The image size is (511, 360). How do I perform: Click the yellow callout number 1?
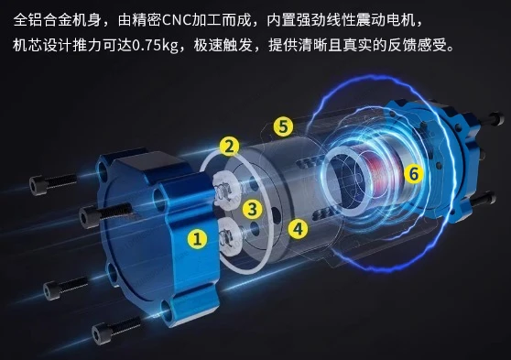click(197, 238)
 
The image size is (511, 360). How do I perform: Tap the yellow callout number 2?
click(229, 146)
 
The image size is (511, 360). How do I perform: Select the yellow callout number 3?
click(252, 209)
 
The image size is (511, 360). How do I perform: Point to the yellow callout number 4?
click(298, 229)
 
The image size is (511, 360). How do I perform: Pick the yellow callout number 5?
click(283, 126)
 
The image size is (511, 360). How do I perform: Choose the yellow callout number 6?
click(414, 173)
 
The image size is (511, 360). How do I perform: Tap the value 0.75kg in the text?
click(156, 45)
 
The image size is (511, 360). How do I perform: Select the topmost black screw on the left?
click(53, 183)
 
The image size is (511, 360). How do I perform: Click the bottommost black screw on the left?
click(116, 330)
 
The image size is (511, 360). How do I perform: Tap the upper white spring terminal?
click(226, 189)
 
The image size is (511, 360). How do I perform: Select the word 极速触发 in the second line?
click(223, 45)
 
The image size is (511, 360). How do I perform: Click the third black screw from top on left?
click(66, 288)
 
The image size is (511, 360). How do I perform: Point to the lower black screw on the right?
click(483, 200)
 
